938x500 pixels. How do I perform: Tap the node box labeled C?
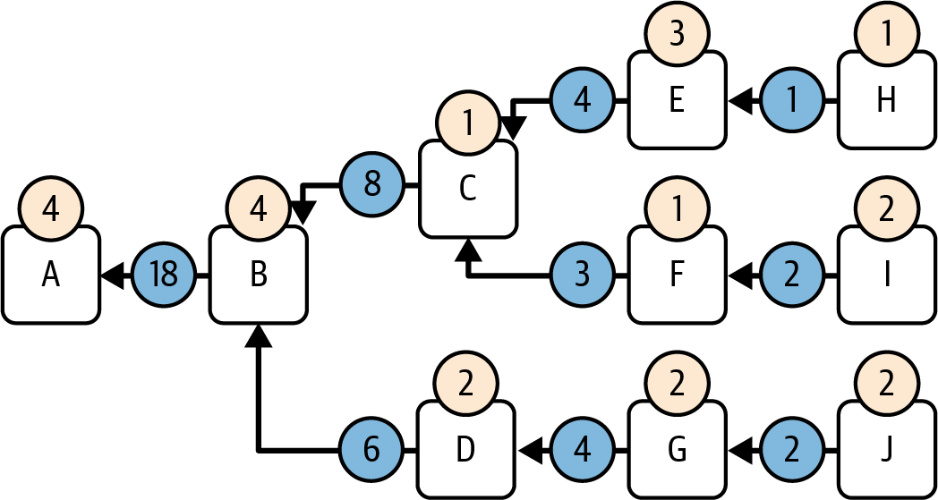coord(468,190)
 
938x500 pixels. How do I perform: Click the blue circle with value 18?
coord(163,275)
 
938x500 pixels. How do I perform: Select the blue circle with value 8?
coord(372,186)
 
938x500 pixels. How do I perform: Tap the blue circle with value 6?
coord(372,450)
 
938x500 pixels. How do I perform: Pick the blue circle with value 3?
coord(582,275)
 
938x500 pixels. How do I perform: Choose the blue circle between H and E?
coord(791,101)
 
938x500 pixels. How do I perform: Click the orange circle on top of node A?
coord(50,210)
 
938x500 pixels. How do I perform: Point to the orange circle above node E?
coord(677,36)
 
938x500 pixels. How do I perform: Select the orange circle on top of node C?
coord(467,123)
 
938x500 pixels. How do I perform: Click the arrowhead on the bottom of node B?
coord(259,335)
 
